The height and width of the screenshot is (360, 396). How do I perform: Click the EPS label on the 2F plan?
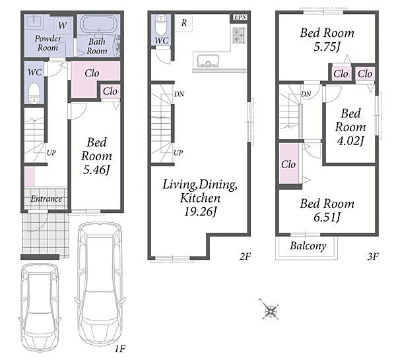coord(240,17)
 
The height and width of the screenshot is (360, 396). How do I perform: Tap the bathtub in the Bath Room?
coord(98,24)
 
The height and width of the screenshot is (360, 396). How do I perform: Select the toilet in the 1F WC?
coord(34,92)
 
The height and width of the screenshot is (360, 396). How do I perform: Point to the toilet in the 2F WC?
coord(160,24)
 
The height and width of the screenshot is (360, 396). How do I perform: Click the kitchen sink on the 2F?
coord(208,61)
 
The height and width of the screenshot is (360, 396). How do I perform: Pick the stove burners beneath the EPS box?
coord(239,35)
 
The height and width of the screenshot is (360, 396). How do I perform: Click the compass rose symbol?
coord(270,309)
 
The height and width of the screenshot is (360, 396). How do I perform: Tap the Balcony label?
coord(308,246)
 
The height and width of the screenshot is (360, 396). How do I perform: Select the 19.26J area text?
coord(200,212)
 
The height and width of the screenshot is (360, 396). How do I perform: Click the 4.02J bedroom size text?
coord(350,140)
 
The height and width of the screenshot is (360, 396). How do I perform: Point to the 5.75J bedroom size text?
coord(327,47)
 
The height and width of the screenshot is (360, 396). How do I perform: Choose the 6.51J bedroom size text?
coord(327,217)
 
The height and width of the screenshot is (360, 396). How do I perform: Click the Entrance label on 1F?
coord(46,199)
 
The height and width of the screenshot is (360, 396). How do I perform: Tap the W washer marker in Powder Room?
coord(63,25)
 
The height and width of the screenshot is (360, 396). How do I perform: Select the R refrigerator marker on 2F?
coord(184,23)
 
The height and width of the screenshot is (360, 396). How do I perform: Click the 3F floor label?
coord(373,256)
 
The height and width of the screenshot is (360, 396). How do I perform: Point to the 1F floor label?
coord(119,349)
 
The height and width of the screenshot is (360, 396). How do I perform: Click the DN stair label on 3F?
coord(306,94)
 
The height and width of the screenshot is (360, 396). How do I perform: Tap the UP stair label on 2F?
coord(178,153)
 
